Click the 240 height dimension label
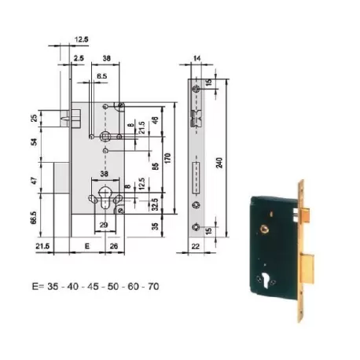click(x=220, y=163)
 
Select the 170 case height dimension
click(x=167, y=158)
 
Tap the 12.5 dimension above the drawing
click(x=81, y=39)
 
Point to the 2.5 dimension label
click(x=79, y=58)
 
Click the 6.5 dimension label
click(x=102, y=76)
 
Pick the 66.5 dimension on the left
click(x=34, y=218)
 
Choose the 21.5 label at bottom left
click(x=42, y=246)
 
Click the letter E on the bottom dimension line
click(x=87, y=246)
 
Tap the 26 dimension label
click(x=114, y=246)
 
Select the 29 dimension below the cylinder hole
click(x=104, y=225)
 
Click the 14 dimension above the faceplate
click(x=197, y=58)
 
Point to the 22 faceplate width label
click(x=196, y=246)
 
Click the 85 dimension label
click(x=155, y=167)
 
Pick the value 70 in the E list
click(x=153, y=286)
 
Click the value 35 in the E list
click(x=53, y=286)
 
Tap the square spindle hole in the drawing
click(x=105, y=136)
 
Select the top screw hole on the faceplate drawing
click(x=196, y=89)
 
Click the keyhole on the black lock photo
click(x=266, y=281)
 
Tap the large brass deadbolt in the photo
click(x=307, y=269)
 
